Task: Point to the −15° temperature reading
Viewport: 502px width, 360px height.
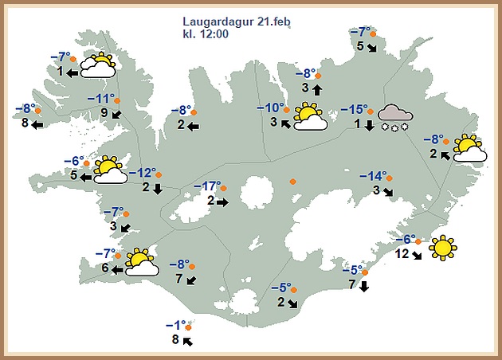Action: point(355,110)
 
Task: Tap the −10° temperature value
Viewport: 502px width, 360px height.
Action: point(270,108)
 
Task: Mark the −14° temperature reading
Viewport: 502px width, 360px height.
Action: point(372,176)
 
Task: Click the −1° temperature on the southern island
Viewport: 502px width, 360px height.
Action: point(175,325)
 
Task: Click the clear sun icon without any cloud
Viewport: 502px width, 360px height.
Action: point(441,248)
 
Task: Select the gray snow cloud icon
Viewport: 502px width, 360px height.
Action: point(394,118)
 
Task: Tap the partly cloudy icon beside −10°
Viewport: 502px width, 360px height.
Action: point(310,117)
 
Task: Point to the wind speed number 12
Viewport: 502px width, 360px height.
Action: point(402,254)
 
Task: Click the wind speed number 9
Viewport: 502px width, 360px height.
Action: point(104,113)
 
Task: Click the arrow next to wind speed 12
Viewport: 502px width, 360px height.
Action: point(418,256)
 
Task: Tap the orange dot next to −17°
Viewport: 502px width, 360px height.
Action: point(225,189)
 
